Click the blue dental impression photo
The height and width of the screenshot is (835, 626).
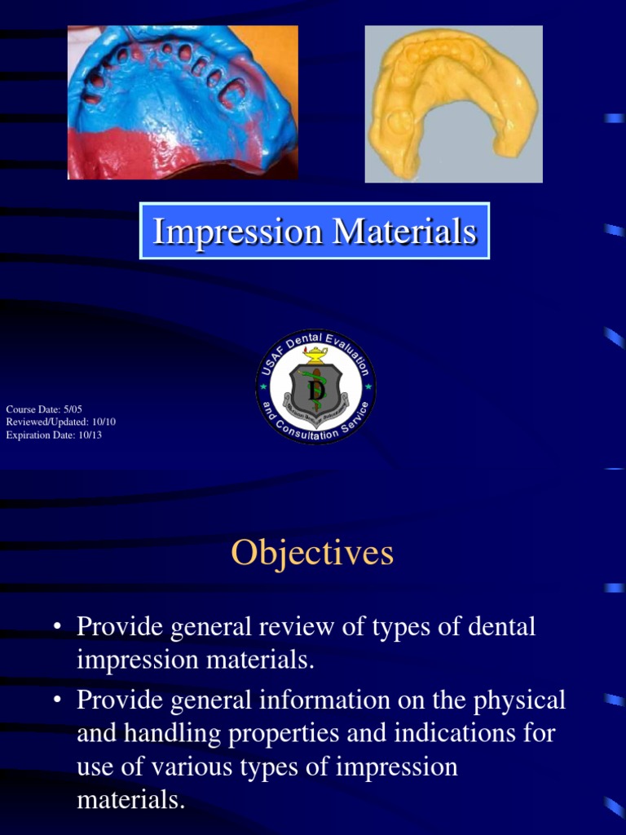[183, 102]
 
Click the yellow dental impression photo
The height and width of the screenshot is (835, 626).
[453, 104]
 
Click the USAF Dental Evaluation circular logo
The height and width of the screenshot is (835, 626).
[315, 387]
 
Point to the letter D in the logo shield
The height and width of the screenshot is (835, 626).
[316, 391]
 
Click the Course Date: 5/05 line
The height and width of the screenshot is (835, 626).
[44, 409]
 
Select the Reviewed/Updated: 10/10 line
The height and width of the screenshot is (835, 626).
[61, 422]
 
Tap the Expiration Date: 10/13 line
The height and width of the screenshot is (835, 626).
[54, 435]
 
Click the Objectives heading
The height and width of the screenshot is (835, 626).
[312, 553]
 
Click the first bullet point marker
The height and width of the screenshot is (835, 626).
[57, 627]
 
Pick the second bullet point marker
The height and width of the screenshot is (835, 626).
[57, 700]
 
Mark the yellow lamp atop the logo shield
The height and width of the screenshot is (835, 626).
[315, 354]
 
